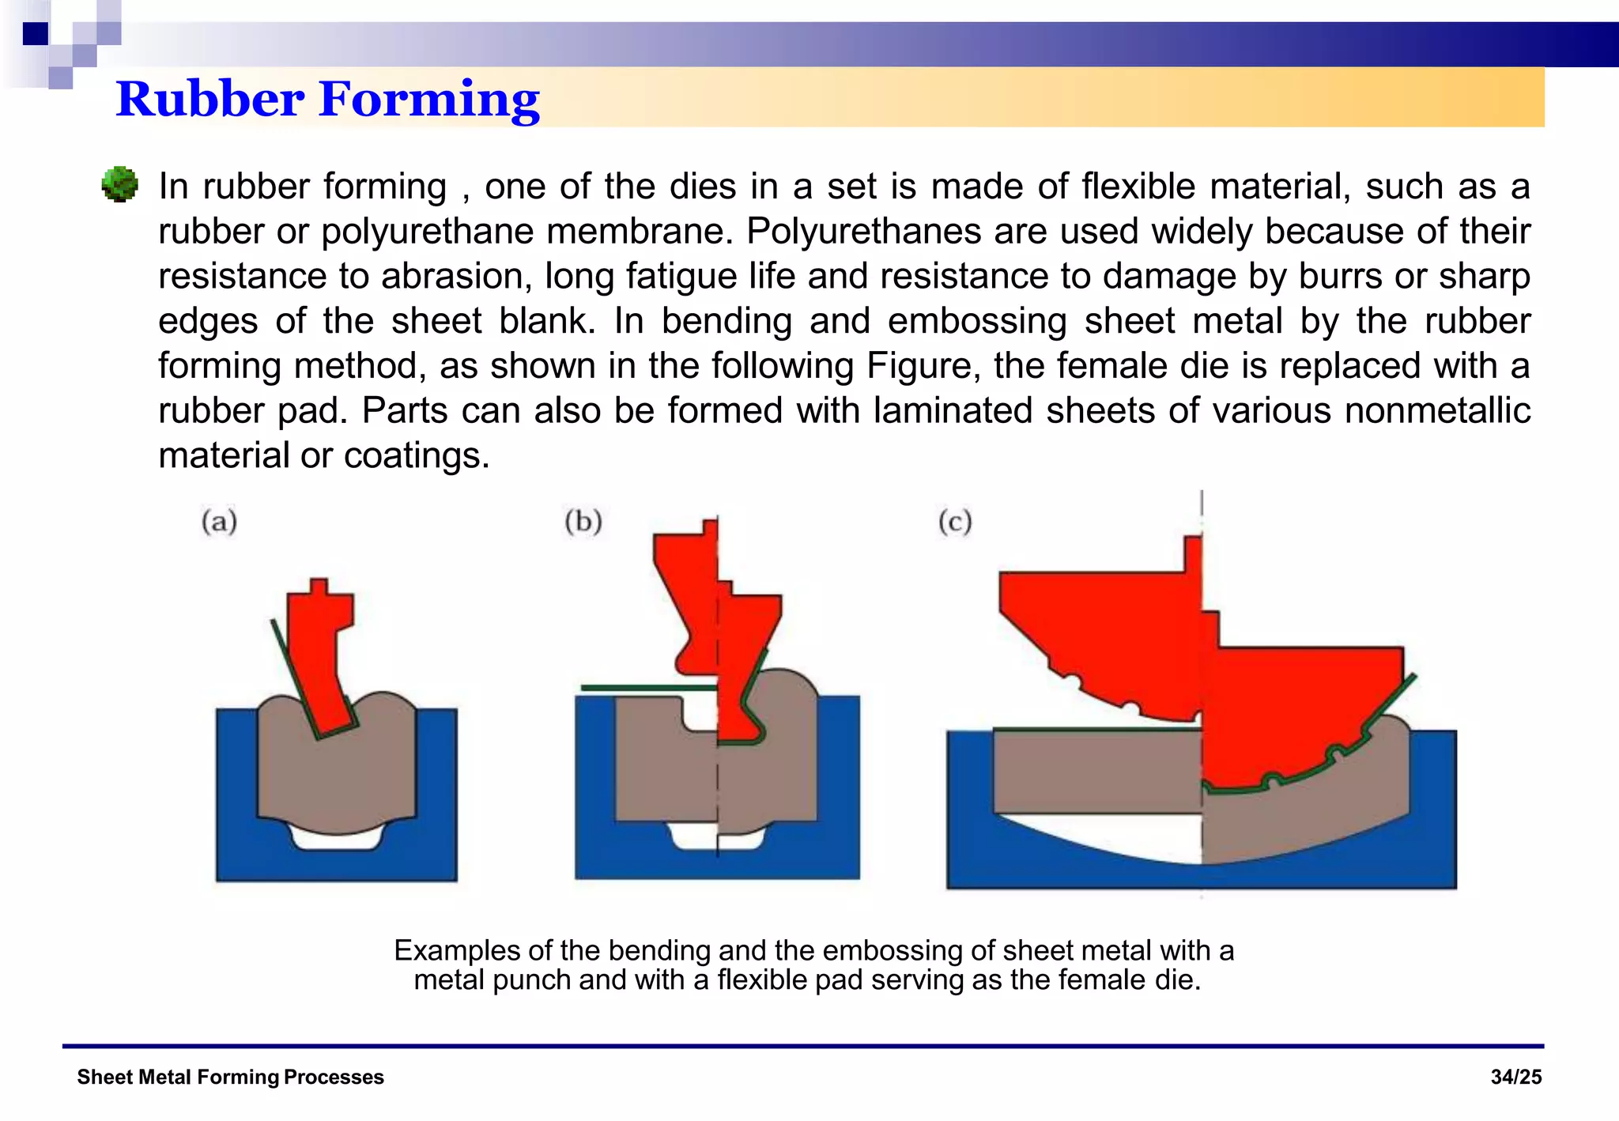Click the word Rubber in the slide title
click(209, 100)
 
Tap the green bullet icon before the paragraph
click(120, 185)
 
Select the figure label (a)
click(219, 522)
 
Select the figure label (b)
click(583, 522)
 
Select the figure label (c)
click(955, 522)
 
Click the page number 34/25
click(1515, 1077)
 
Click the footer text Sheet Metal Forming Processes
click(230, 1077)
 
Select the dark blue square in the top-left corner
click(36, 33)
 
